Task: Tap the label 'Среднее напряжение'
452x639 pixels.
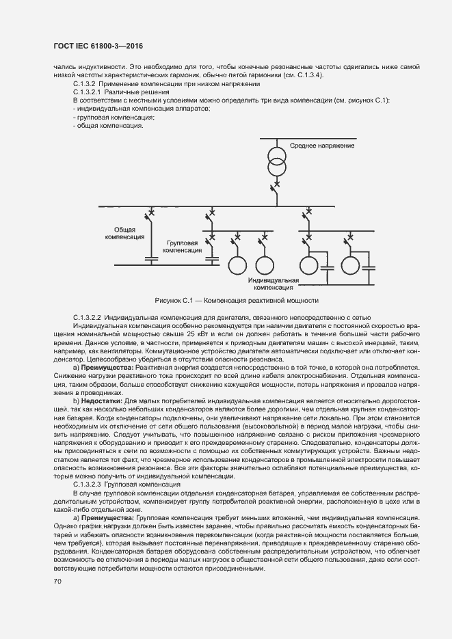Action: (321, 146)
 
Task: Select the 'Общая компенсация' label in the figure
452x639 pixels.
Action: (124, 233)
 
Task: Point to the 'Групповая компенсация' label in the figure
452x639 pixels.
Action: (183, 247)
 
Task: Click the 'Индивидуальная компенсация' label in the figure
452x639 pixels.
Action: (274, 284)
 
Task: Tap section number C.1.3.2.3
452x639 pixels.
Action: (88, 483)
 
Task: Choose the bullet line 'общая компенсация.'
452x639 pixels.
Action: (107, 126)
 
